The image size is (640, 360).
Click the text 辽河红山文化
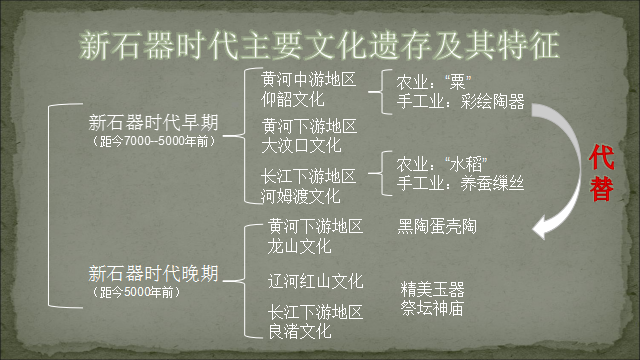[315, 281]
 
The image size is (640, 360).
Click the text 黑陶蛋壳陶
[437, 227]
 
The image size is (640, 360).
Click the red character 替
[601, 186]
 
